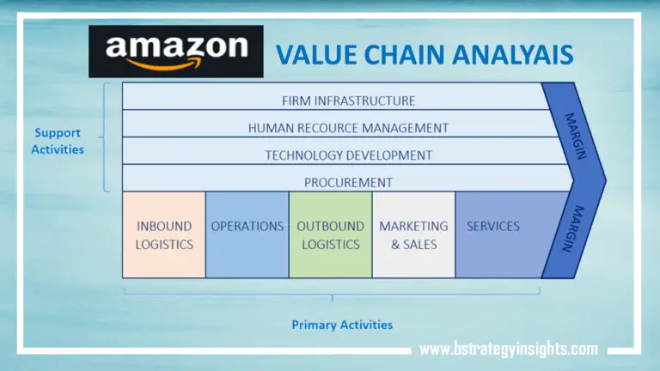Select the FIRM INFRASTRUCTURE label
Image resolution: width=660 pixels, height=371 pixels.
point(348,100)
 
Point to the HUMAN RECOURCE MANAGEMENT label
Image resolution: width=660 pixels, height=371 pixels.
point(348,128)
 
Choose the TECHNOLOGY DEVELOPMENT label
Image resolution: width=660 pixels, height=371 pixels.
point(348,155)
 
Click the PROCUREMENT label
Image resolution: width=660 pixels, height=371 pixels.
point(348,182)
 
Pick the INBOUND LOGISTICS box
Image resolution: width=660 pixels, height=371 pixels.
point(164,234)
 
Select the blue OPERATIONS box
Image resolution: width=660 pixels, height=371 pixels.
point(247,234)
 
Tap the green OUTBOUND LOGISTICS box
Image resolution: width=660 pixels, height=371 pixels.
point(330,234)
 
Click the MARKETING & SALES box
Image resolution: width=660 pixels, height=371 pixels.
point(413,234)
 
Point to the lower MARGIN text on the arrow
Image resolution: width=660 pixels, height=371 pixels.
point(571,228)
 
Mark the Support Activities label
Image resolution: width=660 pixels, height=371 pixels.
point(58,141)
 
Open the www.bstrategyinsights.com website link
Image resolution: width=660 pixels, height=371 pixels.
point(508,349)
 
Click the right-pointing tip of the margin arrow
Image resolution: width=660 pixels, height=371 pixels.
point(603,180)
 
